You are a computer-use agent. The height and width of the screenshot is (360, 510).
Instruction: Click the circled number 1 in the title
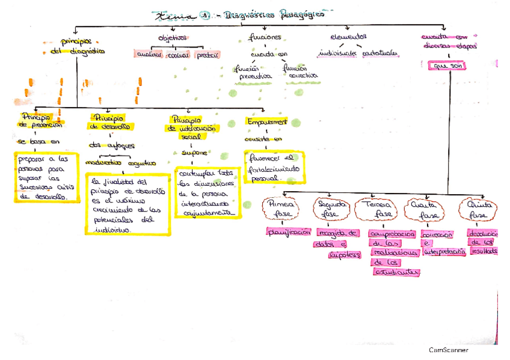(203, 16)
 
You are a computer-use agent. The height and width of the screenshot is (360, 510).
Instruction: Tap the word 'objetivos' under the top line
(173, 38)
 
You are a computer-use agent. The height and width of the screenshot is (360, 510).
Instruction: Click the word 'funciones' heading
(265, 37)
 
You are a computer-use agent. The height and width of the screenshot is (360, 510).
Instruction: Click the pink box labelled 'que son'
(444, 66)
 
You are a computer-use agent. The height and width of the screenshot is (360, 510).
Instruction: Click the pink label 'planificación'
(288, 231)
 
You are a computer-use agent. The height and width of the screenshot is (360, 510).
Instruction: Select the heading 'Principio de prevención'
(40, 120)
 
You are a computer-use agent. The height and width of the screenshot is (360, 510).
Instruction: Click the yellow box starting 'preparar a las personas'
(43, 178)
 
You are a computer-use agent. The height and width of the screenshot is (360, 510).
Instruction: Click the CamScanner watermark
(448, 350)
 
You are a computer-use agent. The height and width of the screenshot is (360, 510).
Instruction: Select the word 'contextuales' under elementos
(380, 53)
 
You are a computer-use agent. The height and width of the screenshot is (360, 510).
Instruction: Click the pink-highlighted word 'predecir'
(207, 55)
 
